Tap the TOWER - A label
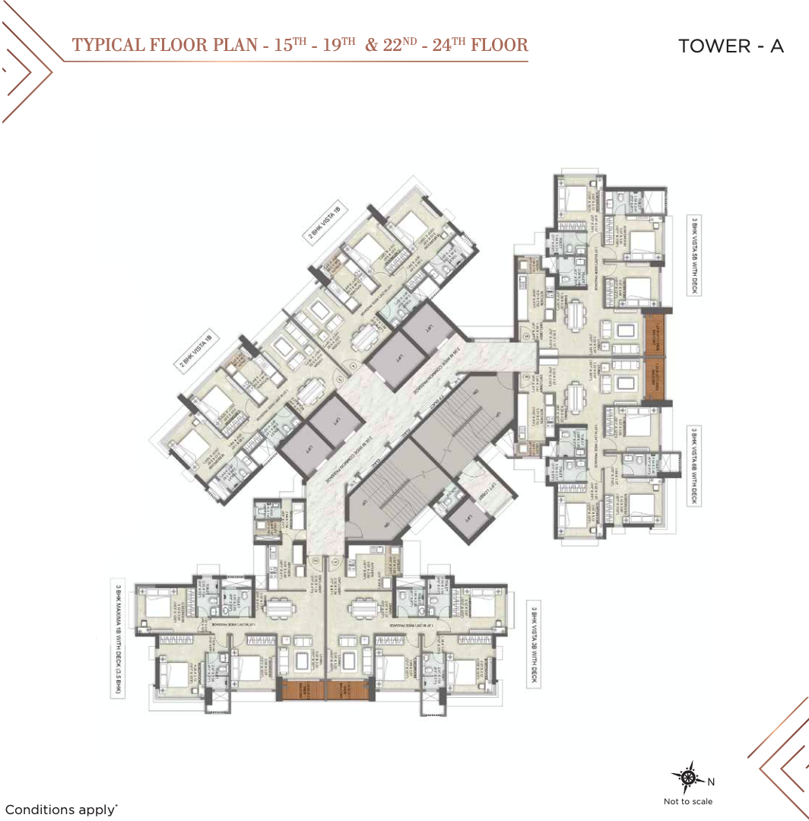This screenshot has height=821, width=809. (x=731, y=46)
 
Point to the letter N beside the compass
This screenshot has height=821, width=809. (x=711, y=782)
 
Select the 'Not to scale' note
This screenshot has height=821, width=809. (x=688, y=800)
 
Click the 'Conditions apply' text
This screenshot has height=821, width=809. (x=61, y=810)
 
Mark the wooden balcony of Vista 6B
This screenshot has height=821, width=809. (x=655, y=379)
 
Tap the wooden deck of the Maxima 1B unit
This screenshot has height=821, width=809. (x=302, y=689)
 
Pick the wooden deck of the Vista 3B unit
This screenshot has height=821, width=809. (x=348, y=689)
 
